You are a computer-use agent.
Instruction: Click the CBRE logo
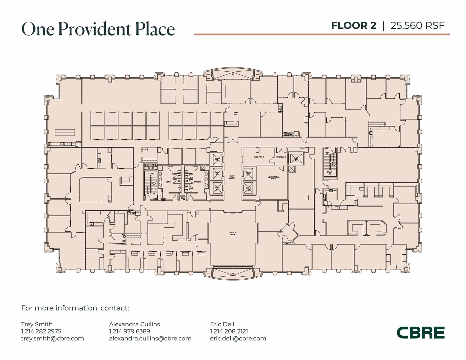pos(420,333)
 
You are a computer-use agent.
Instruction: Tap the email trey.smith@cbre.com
pos(53,338)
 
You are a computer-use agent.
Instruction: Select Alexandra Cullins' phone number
pos(129,331)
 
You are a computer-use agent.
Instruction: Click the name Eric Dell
pos(222,324)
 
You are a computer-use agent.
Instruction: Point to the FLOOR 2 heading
pos(353,25)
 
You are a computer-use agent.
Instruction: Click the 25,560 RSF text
pos(417,25)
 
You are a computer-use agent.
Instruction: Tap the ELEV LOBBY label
pos(232,177)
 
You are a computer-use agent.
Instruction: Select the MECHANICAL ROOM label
pos(274,178)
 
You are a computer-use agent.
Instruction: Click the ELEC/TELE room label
pos(259,157)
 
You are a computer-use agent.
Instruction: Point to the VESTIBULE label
pos(281,157)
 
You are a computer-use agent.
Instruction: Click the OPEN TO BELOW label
pos(233,233)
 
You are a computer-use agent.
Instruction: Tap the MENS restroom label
pos(168,182)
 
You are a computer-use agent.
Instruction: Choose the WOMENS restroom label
pos(198,182)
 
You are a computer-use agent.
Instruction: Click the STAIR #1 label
pos(151,174)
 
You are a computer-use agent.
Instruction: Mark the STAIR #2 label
pos(329,173)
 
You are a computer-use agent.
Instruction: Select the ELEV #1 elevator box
pos(217,159)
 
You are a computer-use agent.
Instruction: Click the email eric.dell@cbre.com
pos(238,338)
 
